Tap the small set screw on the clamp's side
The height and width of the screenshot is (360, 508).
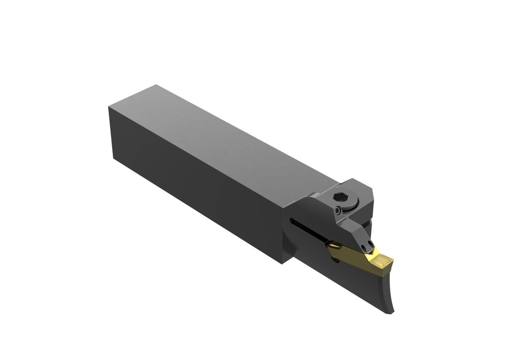(337, 211)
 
